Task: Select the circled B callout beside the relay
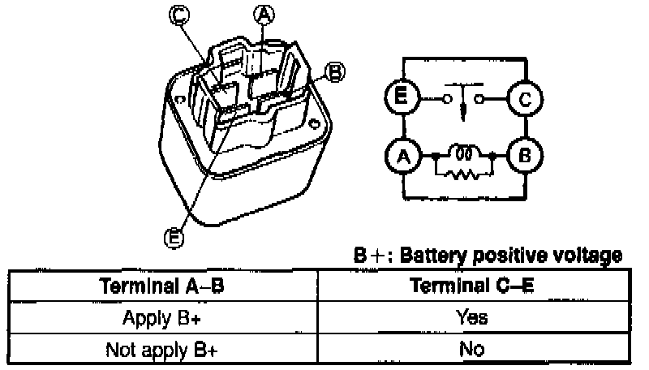pyautogui.click(x=333, y=72)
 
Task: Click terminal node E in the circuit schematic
pyautogui.click(x=400, y=99)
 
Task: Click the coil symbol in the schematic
pyautogui.click(x=465, y=153)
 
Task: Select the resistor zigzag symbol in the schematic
pyautogui.click(x=465, y=173)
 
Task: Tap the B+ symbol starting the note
pyautogui.click(x=369, y=256)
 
